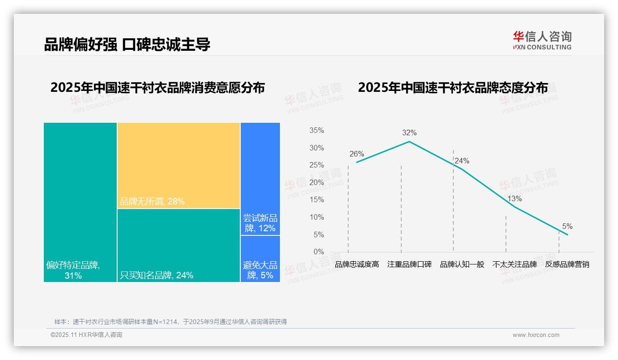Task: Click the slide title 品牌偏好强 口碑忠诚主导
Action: click(127, 44)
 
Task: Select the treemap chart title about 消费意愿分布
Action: click(157, 88)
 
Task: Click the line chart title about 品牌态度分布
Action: click(452, 88)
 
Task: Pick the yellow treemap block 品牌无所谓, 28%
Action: click(178, 165)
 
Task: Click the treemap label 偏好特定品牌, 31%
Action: click(73, 270)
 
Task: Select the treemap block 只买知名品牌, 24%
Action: click(178, 245)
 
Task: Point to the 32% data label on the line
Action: click(409, 133)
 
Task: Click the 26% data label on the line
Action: click(357, 154)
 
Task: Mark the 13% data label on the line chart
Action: click(514, 199)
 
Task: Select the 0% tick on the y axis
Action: click(319, 252)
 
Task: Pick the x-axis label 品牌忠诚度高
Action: click(357, 264)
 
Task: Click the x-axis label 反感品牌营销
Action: click(567, 264)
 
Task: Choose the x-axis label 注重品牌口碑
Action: click(409, 264)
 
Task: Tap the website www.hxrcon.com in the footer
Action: click(535, 335)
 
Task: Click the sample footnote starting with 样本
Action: click(170, 322)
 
